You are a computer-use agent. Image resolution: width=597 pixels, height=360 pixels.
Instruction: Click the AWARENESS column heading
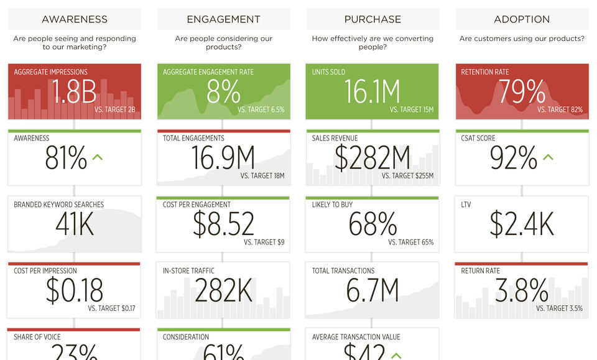tap(75, 19)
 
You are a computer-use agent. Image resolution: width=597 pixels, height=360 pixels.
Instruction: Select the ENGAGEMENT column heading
tap(224, 19)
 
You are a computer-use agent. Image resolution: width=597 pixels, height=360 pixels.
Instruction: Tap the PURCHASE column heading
tap(373, 19)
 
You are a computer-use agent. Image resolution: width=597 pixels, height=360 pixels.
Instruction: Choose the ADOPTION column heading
tap(522, 19)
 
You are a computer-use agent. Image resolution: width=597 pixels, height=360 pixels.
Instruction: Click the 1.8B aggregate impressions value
tap(74, 93)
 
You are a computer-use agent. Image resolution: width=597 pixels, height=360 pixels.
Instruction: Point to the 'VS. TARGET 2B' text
tap(114, 110)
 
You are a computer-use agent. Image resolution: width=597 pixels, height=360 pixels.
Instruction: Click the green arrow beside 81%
tap(97, 157)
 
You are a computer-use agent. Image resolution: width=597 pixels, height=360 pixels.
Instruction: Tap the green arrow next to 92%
tap(547, 157)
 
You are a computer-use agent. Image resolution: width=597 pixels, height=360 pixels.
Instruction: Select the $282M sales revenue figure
tap(373, 158)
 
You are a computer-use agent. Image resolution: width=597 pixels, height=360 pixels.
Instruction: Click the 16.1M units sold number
tap(373, 93)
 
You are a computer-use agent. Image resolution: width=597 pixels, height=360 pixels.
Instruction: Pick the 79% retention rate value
tap(522, 93)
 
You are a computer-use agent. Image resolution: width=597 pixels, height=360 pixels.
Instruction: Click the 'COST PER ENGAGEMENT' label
tap(197, 205)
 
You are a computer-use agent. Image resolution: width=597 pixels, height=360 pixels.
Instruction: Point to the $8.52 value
tap(224, 224)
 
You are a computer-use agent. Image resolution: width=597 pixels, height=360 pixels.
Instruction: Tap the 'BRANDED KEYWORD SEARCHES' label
tap(58, 205)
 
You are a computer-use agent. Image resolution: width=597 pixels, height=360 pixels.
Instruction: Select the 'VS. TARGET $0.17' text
tap(112, 308)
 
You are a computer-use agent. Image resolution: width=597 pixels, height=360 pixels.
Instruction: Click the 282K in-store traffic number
tap(224, 290)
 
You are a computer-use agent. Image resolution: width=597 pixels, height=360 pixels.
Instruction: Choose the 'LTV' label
tap(466, 205)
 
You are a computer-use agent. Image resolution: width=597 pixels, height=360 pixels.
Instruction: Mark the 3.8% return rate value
tap(522, 290)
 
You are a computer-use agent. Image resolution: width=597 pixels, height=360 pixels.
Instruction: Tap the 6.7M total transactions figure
tap(373, 290)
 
